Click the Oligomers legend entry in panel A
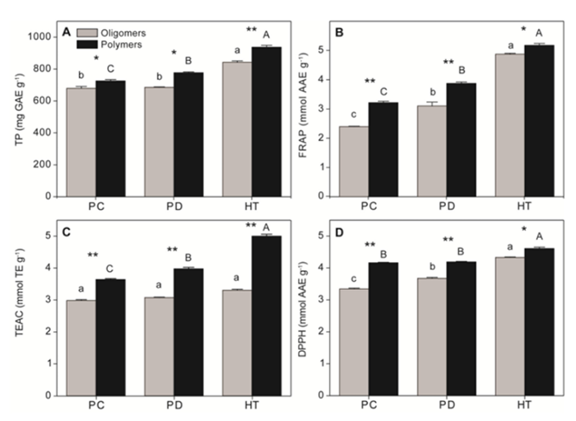coord(108,32)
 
